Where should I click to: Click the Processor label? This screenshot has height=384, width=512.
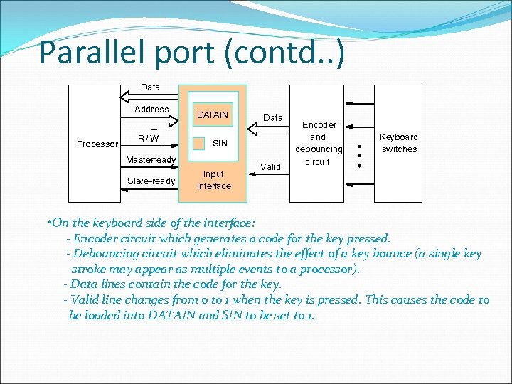click(x=97, y=144)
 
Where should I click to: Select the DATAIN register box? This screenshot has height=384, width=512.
click(x=213, y=114)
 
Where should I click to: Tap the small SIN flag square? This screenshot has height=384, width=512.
click(x=199, y=143)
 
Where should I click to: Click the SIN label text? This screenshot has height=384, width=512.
click(x=220, y=144)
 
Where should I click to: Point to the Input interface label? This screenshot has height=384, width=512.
click(x=213, y=180)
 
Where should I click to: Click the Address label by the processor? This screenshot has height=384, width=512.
click(x=151, y=110)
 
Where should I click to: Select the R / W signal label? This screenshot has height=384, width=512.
click(x=149, y=138)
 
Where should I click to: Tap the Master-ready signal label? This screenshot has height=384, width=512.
click(x=151, y=159)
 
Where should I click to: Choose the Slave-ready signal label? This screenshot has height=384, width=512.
click(x=151, y=181)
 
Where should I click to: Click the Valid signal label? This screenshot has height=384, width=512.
click(x=270, y=166)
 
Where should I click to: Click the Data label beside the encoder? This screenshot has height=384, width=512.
click(x=273, y=117)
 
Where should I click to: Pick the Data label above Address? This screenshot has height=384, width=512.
click(x=151, y=87)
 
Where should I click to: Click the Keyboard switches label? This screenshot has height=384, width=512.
click(x=399, y=143)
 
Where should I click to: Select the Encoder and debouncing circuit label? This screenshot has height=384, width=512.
click(x=318, y=143)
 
